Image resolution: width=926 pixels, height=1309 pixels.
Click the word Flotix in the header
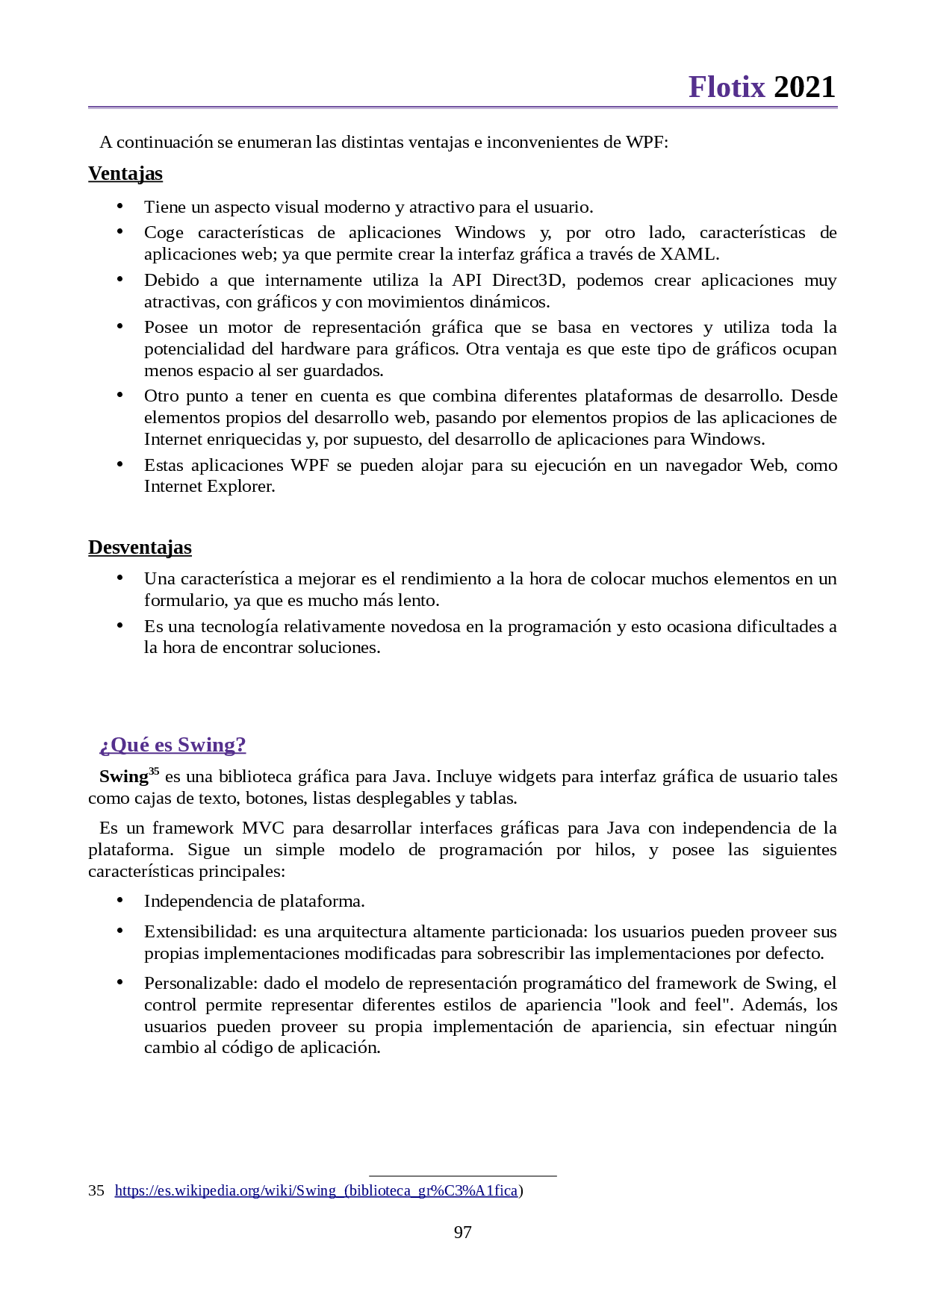tap(727, 87)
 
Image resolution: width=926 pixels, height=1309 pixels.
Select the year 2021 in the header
tap(804, 87)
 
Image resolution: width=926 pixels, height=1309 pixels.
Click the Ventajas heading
tap(125, 173)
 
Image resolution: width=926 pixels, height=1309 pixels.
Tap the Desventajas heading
tap(140, 547)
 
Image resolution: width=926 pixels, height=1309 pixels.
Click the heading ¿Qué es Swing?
tap(173, 745)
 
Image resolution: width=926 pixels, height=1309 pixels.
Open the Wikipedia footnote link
tap(316, 1190)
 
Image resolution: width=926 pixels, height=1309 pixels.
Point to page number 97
tap(463, 1232)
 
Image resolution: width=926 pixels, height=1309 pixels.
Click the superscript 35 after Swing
tap(154, 772)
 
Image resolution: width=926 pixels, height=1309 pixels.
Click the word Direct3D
tap(526, 280)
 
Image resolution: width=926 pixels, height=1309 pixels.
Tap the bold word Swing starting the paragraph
tap(123, 777)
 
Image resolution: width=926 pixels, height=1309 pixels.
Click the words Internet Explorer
tap(209, 487)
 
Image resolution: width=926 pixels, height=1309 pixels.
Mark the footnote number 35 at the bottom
tap(96, 1190)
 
